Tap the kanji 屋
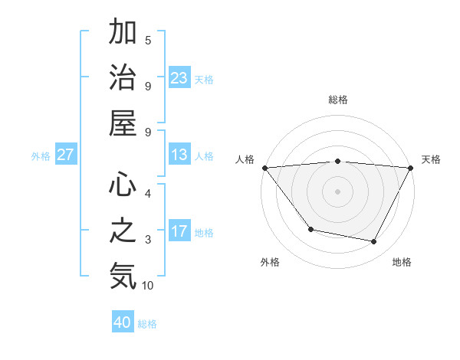(123, 123)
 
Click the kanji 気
(123, 276)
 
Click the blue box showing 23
(179, 77)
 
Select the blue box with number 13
(179, 155)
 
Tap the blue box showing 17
(179, 231)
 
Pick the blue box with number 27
(66, 155)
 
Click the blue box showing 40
(123, 322)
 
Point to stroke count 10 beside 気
(148, 286)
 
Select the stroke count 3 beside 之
(148, 240)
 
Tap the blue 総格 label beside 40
(148, 324)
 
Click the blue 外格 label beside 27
(41, 156)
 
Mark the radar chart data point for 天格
(411, 168)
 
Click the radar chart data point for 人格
(264, 168)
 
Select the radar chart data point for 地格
(374, 242)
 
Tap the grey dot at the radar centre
(337, 191)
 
